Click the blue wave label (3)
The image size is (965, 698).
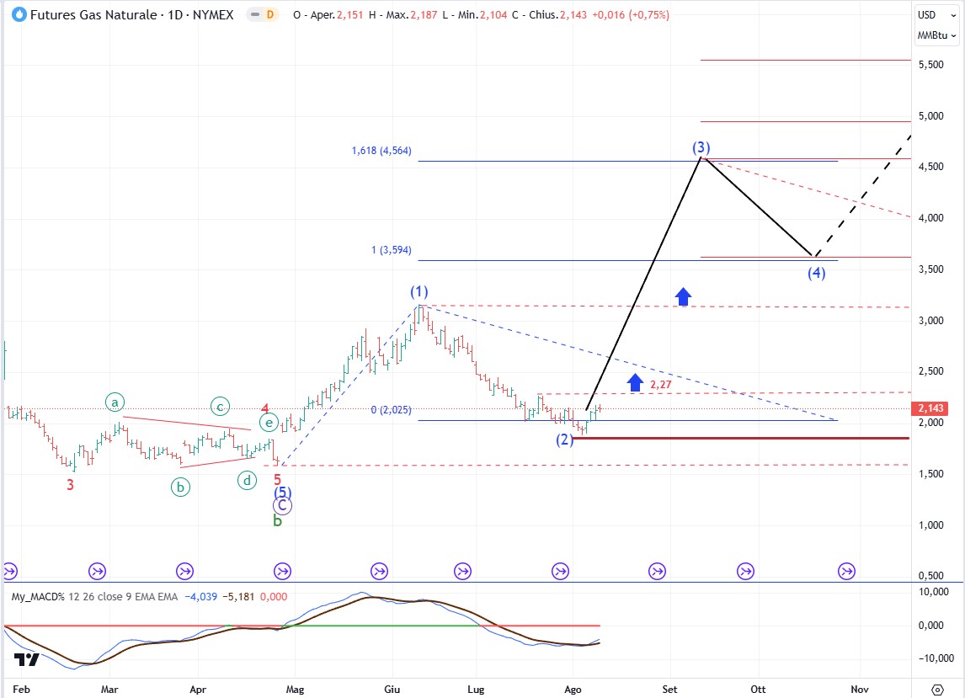[701, 147]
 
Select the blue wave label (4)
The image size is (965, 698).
[816, 273]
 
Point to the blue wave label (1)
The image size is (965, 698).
[419, 291]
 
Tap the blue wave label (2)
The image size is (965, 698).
[564, 440]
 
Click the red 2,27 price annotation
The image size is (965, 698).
[659, 385]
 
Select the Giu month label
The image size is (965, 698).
[392, 688]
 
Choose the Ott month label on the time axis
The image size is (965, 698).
[759, 688]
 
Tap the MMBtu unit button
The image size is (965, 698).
[936, 35]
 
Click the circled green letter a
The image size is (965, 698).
[115, 403]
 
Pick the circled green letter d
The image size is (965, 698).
[247, 481]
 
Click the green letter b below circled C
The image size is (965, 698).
[277, 521]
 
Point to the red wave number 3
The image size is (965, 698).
[71, 484]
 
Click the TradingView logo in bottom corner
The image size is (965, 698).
[26, 660]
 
